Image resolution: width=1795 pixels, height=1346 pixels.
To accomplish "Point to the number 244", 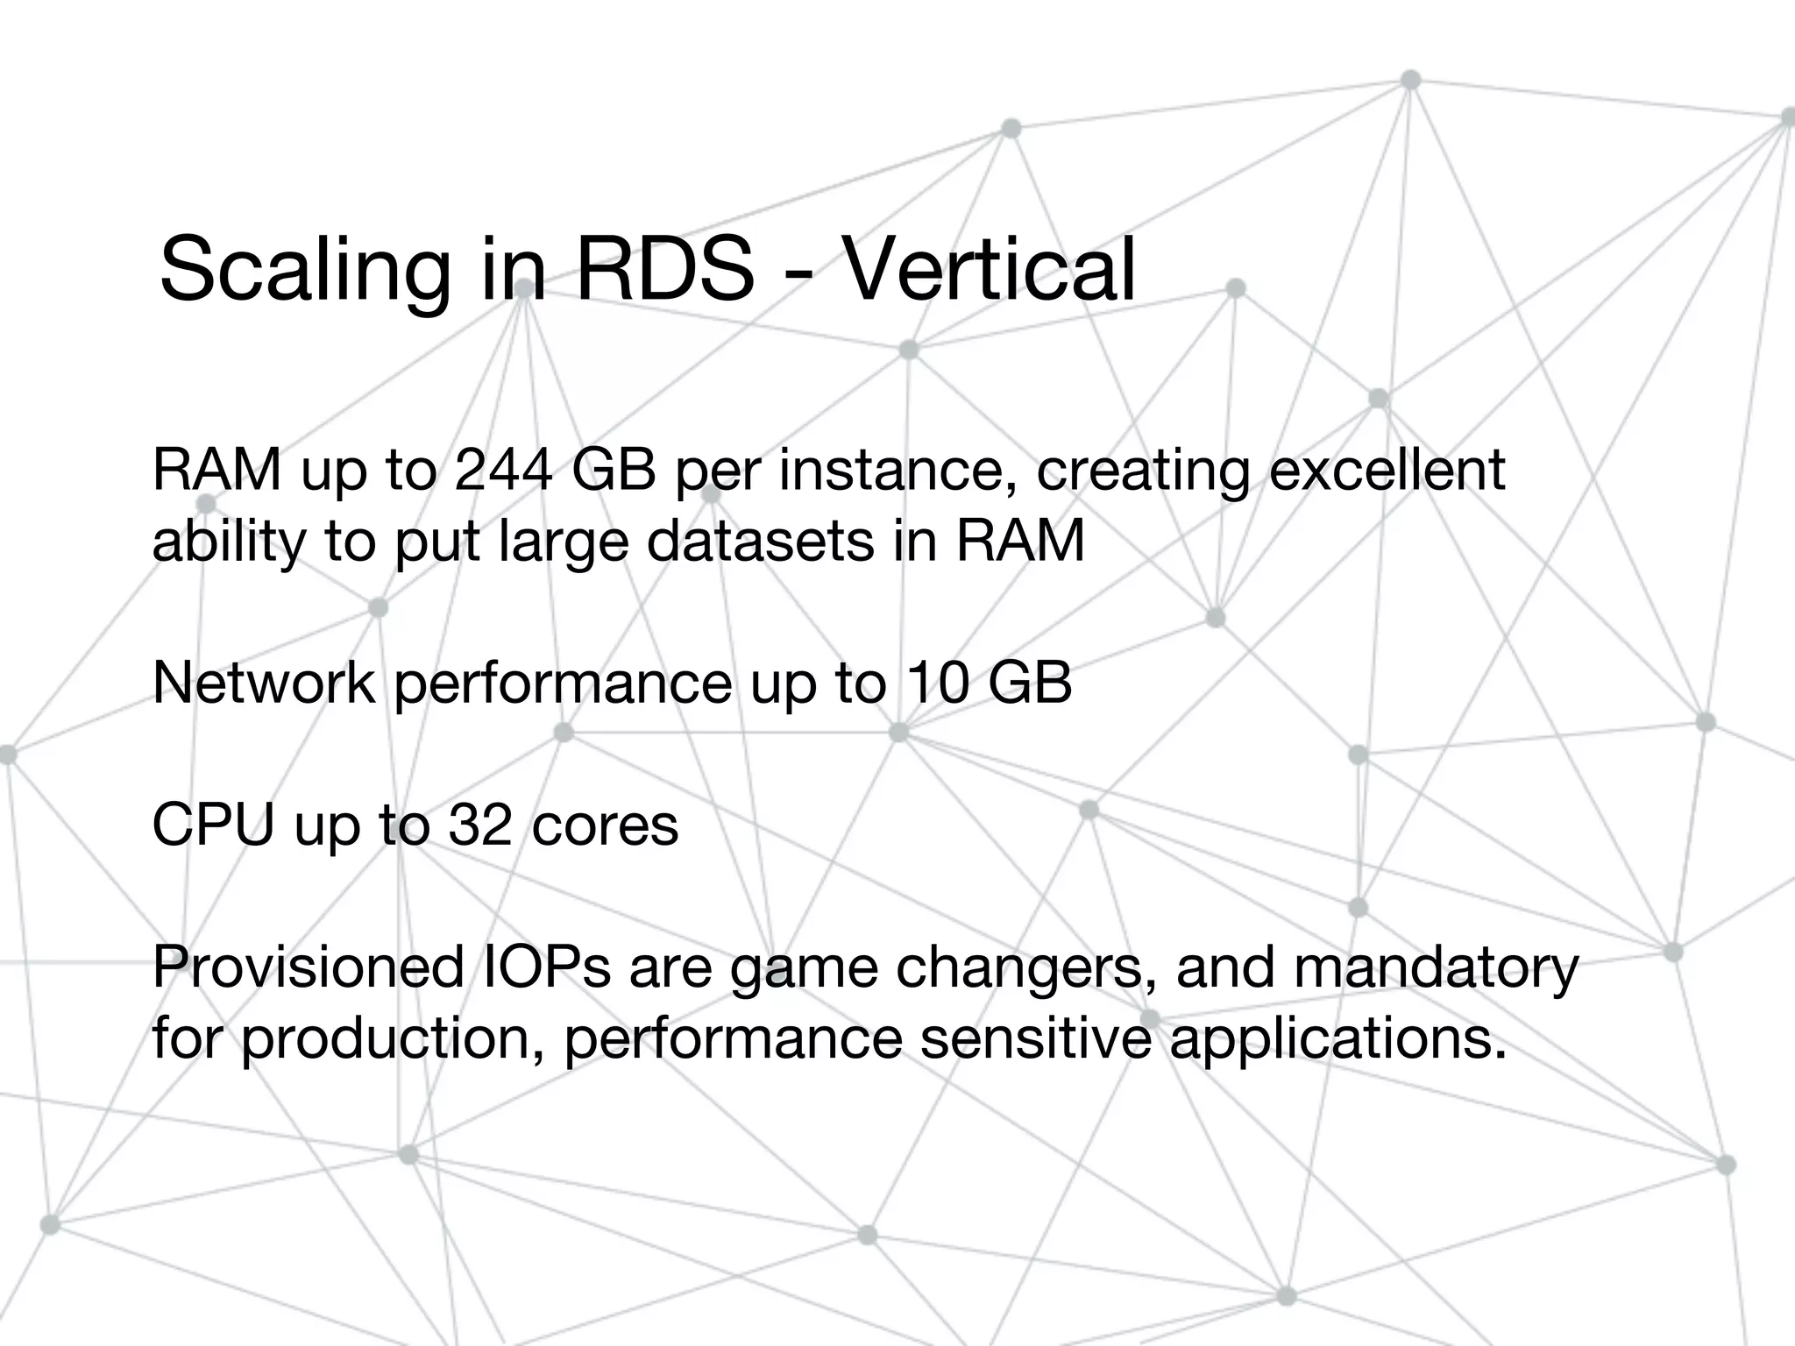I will [x=503, y=470].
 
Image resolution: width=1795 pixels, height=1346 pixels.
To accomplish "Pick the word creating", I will [x=1143, y=471].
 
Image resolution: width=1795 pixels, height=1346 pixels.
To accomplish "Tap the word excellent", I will [x=1387, y=470].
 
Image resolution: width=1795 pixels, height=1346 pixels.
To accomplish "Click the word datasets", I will [x=761, y=540].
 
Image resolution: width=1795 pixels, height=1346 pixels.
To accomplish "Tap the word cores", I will [x=605, y=825].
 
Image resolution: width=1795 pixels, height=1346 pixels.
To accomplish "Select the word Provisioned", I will [x=308, y=967].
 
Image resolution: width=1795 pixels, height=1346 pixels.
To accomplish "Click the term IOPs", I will [x=545, y=967].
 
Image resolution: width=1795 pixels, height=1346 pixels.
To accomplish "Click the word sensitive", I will [x=1034, y=1038].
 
